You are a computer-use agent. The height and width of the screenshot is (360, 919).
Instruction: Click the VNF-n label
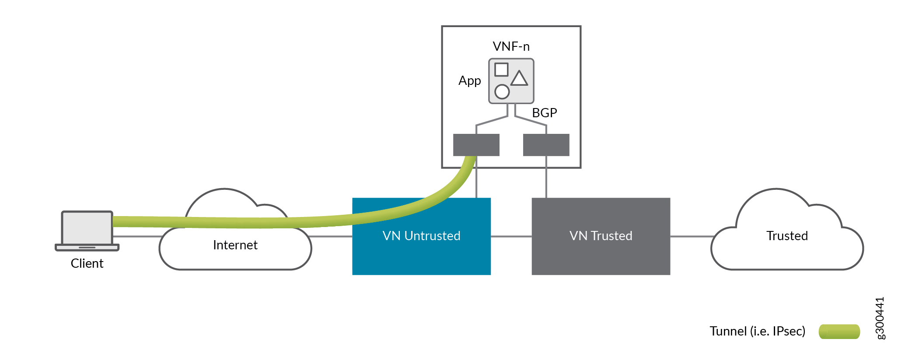pos(511,46)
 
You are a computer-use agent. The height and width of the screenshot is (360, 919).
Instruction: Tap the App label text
pos(469,81)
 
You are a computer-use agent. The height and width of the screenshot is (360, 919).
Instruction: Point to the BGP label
pos(544,113)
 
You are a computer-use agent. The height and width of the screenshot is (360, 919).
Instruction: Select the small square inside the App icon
pos(501,70)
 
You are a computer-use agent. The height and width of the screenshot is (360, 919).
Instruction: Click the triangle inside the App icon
pos(519,79)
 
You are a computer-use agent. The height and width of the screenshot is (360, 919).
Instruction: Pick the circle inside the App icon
pos(502,92)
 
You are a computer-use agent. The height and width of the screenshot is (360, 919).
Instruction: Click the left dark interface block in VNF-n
pos(476,145)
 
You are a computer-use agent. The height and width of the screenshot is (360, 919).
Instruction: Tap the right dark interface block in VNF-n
pos(546,145)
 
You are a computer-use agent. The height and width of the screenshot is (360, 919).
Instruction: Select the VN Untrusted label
pos(421,236)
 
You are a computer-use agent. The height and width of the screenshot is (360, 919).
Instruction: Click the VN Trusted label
pos(601,236)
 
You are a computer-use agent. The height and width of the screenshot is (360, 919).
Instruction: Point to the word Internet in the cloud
pos(235,245)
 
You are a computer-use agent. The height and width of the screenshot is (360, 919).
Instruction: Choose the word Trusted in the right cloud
pos(787,236)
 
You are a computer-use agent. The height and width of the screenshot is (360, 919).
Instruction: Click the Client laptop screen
pos(87,228)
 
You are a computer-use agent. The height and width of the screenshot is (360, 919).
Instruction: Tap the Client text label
pos(87,263)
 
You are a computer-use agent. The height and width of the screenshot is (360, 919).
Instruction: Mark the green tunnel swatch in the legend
pos(839,332)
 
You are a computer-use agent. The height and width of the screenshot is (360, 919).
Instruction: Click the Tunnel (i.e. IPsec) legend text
pos(757,331)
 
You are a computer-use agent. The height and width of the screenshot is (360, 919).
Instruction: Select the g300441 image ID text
pos(880,318)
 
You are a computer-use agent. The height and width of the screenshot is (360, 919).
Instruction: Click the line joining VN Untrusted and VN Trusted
pos(511,237)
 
